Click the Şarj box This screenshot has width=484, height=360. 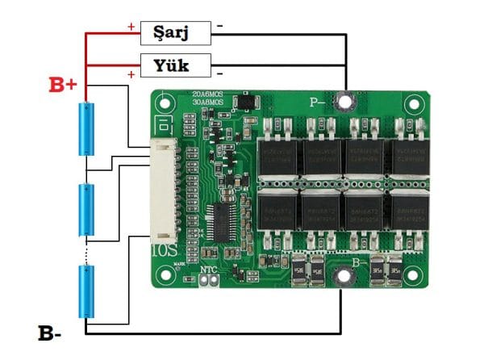(x=175, y=32)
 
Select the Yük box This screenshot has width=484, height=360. (x=175, y=64)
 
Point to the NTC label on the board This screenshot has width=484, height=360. (x=208, y=269)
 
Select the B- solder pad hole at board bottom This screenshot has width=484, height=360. (x=341, y=277)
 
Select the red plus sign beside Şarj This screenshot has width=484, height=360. (x=131, y=27)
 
